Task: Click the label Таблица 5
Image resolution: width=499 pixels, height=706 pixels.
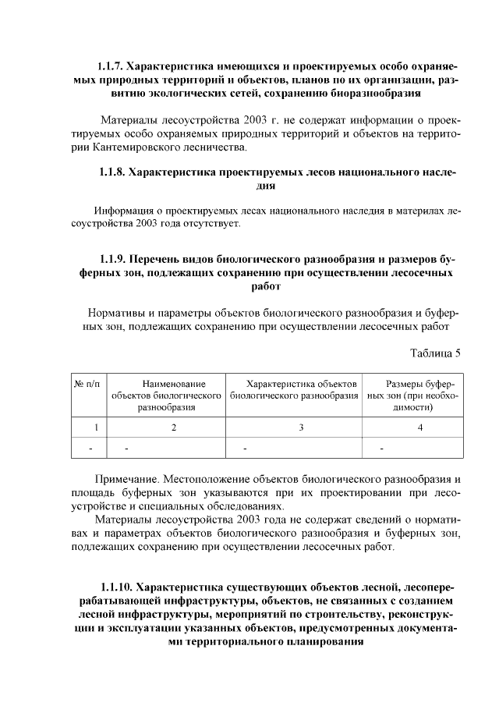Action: pyautogui.click(x=436, y=353)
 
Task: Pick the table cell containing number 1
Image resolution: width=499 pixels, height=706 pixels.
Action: pyautogui.click(x=95, y=427)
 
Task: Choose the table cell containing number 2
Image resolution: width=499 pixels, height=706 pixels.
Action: pyautogui.click(x=174, y=427)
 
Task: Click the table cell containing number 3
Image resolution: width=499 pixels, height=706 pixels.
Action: pyautogui.click(x=301, y=427)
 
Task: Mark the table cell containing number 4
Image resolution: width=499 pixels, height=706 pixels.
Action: pyautogui.click(x=420, y=427)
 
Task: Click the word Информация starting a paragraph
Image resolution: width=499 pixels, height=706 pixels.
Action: pyautogui.click(x=124, y=211)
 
